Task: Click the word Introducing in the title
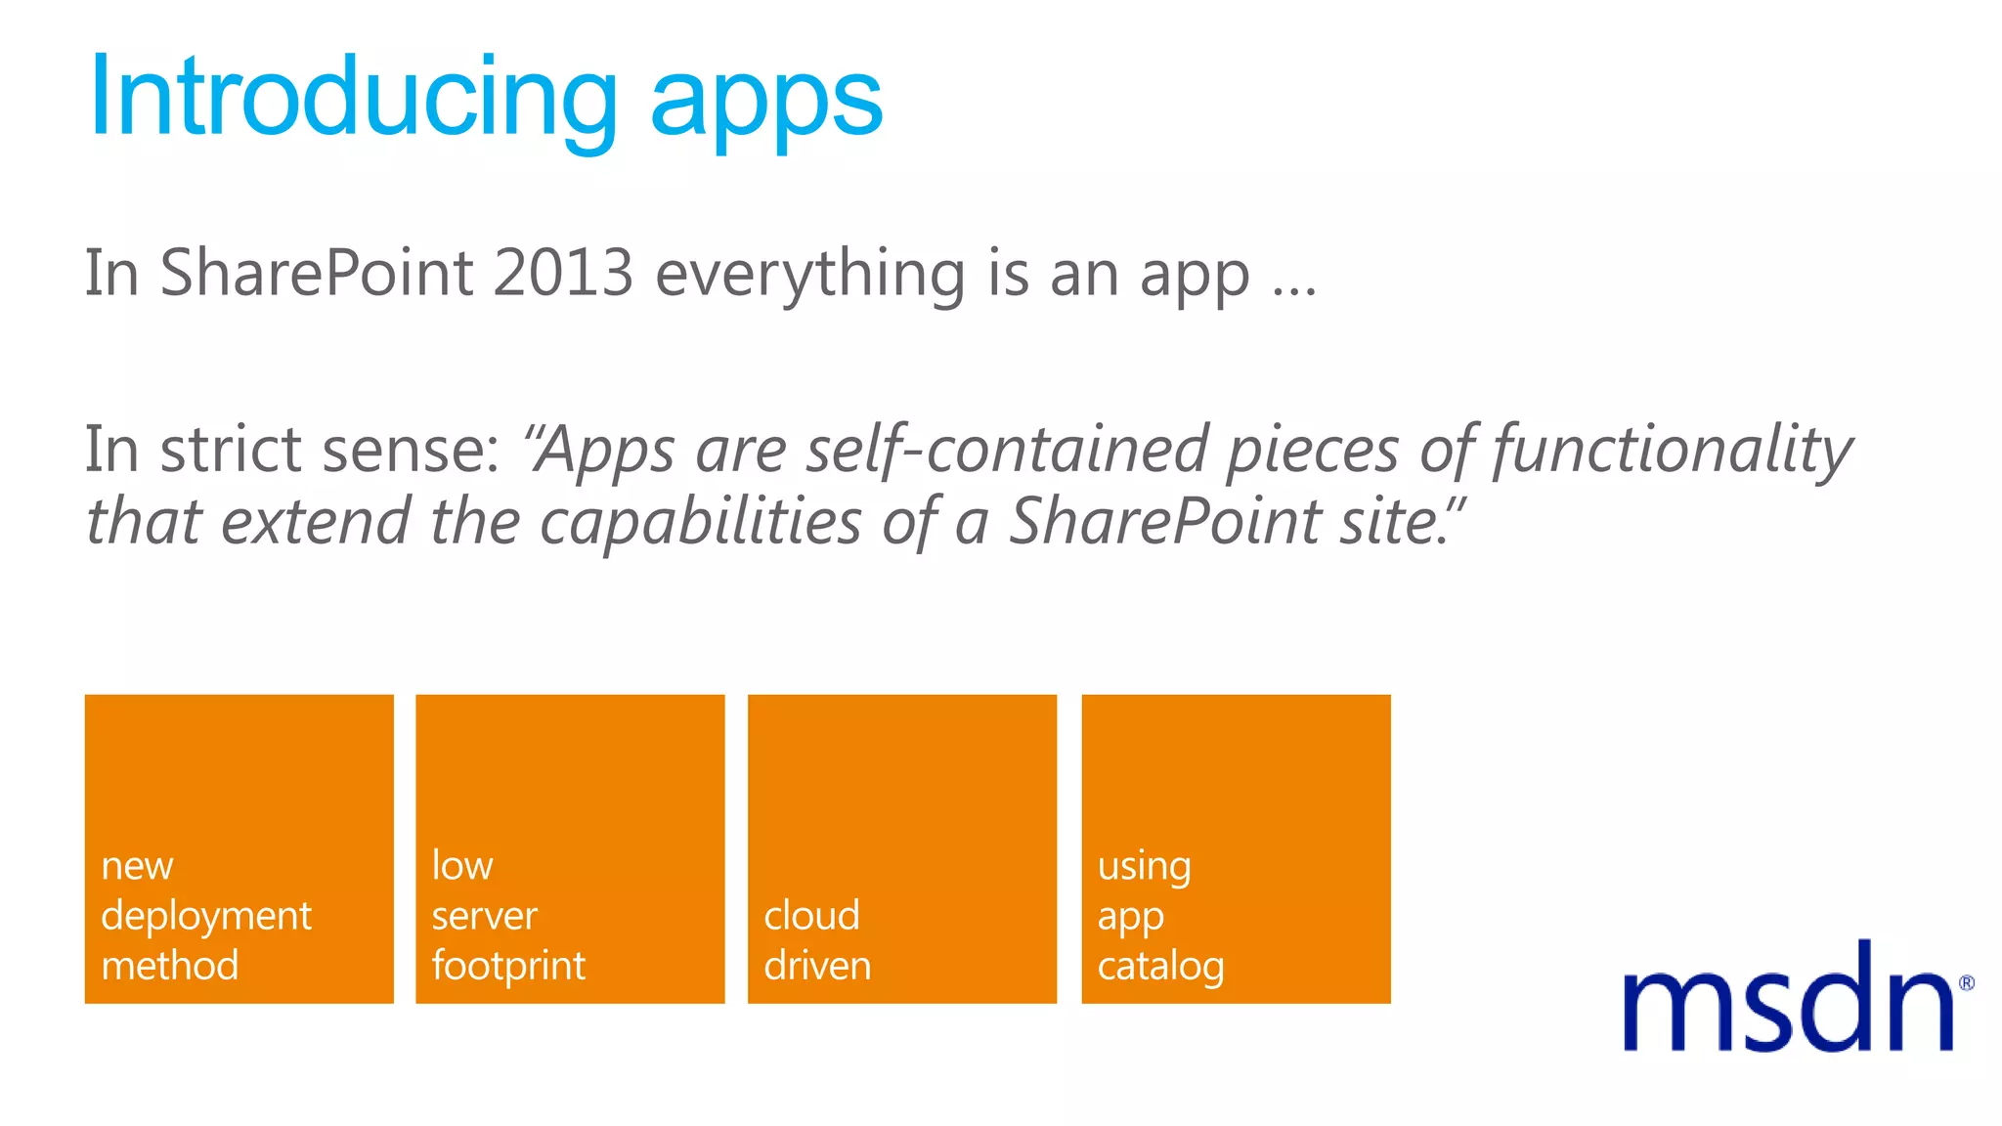(352, 98)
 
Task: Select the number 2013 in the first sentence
(563, 273)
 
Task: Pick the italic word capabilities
(700, 522)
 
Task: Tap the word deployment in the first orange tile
(206, 917)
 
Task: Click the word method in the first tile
(170, 966)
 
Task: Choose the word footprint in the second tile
(508, 967)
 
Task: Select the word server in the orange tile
(485, 917)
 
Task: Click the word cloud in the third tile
(811, 916)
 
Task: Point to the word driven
(817, 966)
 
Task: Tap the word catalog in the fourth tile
(1160, 967)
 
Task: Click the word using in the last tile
(1144, 867)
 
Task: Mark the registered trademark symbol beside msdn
(1966, 983)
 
